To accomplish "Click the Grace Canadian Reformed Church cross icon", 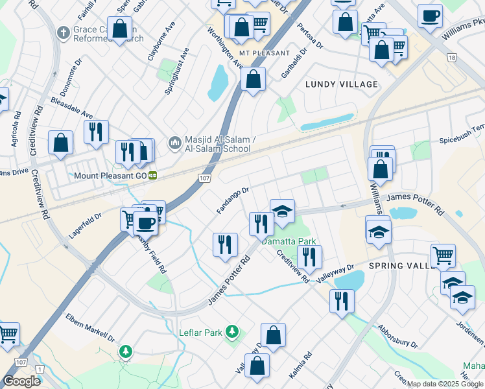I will [63, 31].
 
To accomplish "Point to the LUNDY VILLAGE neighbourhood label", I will [341, 84].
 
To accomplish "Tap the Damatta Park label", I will [289, 241].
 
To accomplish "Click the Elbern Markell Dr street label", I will [90, 328].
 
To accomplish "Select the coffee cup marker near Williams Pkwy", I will [430, 15].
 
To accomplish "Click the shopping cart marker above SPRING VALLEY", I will [443, 255].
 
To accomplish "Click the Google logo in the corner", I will [22, 381].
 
